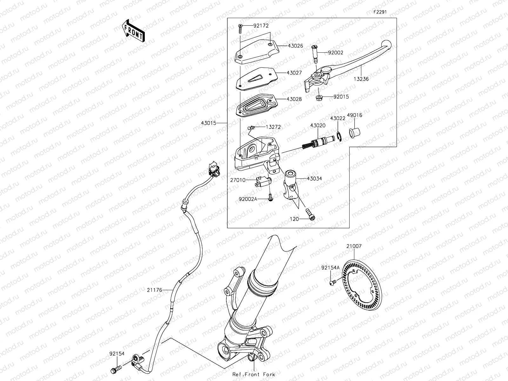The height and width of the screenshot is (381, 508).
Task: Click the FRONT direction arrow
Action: pos(133,31)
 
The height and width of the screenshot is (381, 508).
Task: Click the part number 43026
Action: pos(295,46)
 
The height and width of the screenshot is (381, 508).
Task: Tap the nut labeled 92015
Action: pos(318,97)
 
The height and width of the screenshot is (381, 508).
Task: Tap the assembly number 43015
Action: pos(209,123)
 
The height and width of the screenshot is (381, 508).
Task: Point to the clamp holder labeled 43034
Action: pos(291,184)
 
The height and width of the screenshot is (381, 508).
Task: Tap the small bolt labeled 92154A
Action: pos(332,282)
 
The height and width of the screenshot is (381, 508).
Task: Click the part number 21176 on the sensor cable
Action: pos(155,290)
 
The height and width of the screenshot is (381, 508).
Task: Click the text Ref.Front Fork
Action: pos(253,374)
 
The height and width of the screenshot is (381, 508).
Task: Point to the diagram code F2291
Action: pos(380,12)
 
